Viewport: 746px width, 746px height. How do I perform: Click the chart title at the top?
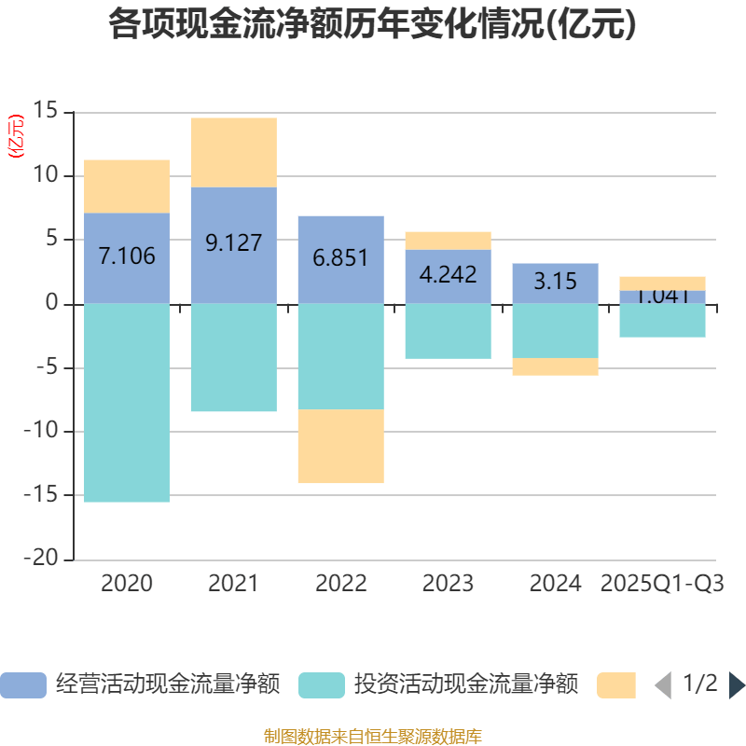click(372, 24)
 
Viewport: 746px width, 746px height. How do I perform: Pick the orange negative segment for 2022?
click(340, 446)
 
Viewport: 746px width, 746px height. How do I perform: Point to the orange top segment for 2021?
click(233, 152)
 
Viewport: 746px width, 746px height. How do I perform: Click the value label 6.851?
click(340, 258)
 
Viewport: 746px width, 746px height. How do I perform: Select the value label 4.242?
click(448, 275)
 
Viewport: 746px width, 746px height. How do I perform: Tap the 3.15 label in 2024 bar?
click(555, 281)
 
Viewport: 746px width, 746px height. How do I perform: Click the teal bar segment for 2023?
click(448, 331)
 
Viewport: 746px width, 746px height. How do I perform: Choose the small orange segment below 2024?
click(555, 366)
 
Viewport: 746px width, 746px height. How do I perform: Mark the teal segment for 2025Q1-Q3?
click(662, 321)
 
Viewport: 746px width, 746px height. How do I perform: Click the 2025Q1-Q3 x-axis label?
click(662, 584)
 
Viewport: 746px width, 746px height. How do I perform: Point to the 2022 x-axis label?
click(340, 584)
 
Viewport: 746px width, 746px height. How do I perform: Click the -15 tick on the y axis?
click(45, 495)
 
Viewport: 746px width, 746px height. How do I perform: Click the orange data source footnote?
click(372, 736)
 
